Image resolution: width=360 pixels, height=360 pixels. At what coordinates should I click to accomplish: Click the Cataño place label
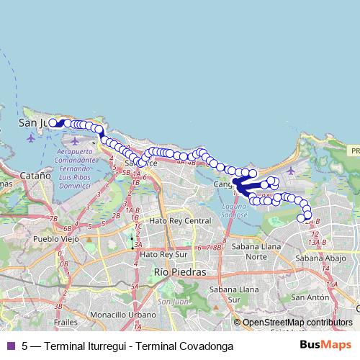[35, 174]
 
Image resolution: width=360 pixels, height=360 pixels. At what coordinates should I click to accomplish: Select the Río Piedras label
[179, 272]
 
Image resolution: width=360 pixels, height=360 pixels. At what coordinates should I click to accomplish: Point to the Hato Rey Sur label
[163, 254]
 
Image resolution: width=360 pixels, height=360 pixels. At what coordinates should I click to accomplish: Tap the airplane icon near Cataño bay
[30, 138]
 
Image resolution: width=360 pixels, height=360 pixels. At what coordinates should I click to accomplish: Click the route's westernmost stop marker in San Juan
[53, 123]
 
